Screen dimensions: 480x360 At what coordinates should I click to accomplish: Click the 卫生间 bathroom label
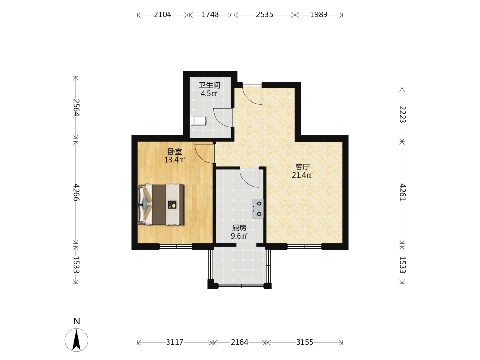point(209,85)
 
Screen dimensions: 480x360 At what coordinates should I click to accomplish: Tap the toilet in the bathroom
point(198,121)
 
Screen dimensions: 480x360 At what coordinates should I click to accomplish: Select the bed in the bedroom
point(161,204)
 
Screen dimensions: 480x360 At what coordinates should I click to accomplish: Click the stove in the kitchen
point(258,208)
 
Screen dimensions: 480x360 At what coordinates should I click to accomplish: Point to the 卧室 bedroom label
point(175,152)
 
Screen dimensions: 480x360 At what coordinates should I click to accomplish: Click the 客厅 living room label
point(302,167)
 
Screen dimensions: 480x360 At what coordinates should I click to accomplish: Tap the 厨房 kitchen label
point(240,228)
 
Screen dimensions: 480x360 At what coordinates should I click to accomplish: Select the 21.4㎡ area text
point(302,175)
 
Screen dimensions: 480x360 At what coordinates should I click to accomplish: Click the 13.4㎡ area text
point(175,160)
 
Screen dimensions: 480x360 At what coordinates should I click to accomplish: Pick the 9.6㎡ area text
point(240,236)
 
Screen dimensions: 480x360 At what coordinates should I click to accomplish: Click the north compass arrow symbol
point(76,340)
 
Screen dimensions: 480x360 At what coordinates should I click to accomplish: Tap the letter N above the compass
point(77,322)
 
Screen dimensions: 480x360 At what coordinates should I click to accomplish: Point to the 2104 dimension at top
point(163,15)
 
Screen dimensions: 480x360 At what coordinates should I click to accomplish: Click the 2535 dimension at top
point(264,15)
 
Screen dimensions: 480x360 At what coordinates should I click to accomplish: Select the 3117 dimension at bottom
point(175,342)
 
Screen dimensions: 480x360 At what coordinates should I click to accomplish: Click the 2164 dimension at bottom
point(240,342)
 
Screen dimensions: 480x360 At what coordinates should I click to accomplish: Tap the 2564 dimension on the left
point(76,108)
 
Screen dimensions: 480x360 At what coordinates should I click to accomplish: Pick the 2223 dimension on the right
point(403,115)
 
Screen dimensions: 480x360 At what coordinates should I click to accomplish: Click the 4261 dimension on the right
point(403,192)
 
